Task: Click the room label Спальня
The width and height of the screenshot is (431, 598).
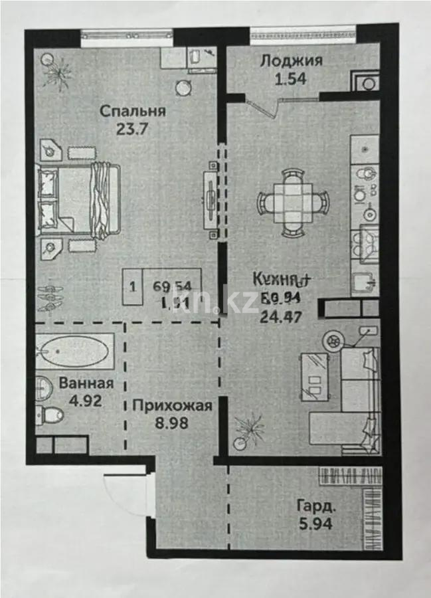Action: click(x=133, y=111)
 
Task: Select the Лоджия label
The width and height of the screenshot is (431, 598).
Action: click(x=291, y=61)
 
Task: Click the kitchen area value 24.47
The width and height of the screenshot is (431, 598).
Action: click(x=281, y=316)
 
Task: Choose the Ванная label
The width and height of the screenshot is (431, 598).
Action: click(x=86, y=383)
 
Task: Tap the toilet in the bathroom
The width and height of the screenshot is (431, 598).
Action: click(x=50, y=415)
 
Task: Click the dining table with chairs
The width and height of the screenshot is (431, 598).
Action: click(x=293, y=200)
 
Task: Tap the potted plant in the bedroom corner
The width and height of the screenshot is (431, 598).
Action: click(x=56, y=69)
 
